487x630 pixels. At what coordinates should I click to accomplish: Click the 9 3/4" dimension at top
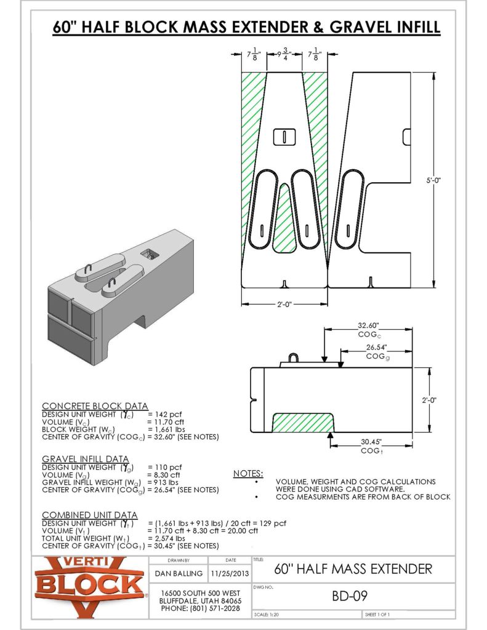pos(284,54)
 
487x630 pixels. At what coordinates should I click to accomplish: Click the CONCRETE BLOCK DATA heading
pos(95,406)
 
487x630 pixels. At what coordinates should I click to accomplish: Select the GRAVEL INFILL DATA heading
pos(85,459)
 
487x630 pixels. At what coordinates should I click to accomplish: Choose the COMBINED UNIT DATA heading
pos(89,514)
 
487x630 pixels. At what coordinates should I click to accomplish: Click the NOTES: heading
pos(249,474)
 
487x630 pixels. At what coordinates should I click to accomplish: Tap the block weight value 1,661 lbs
pos(164,429)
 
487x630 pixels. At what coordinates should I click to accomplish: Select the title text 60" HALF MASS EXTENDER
pos(353,568)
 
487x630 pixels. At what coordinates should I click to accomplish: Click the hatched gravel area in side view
pos(304,423)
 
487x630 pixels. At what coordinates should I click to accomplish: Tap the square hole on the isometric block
pos(148,252)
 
